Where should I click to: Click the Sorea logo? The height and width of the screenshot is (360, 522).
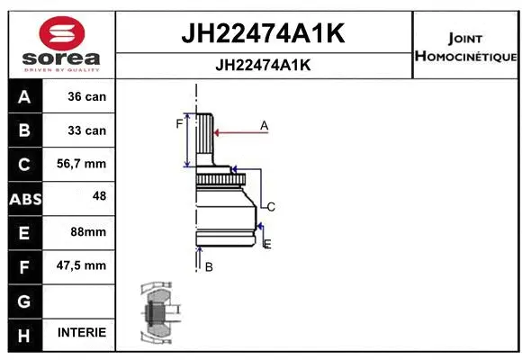[x=61, y=44]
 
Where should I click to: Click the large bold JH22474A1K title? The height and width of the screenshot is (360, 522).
[x=264, y=34]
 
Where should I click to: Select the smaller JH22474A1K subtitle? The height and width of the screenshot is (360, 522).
[x=264, y=65]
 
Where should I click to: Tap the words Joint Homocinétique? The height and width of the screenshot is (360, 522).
[x=465, y=48]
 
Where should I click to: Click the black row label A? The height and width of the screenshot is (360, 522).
[x=24, y=96]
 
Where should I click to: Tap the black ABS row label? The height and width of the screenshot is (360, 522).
[x=24, y=198]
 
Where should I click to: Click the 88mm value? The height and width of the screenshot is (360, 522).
[x=88, y=231]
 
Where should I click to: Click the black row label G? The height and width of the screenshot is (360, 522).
[x=24, y=299]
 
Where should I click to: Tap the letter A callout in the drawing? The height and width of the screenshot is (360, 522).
[x=265, y=126]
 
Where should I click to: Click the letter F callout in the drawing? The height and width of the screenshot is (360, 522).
[x=179, y=124]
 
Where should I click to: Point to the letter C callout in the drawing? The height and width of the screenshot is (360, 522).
[x=270, y=207]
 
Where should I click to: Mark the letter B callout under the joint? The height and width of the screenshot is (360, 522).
[x=208, y=266]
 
